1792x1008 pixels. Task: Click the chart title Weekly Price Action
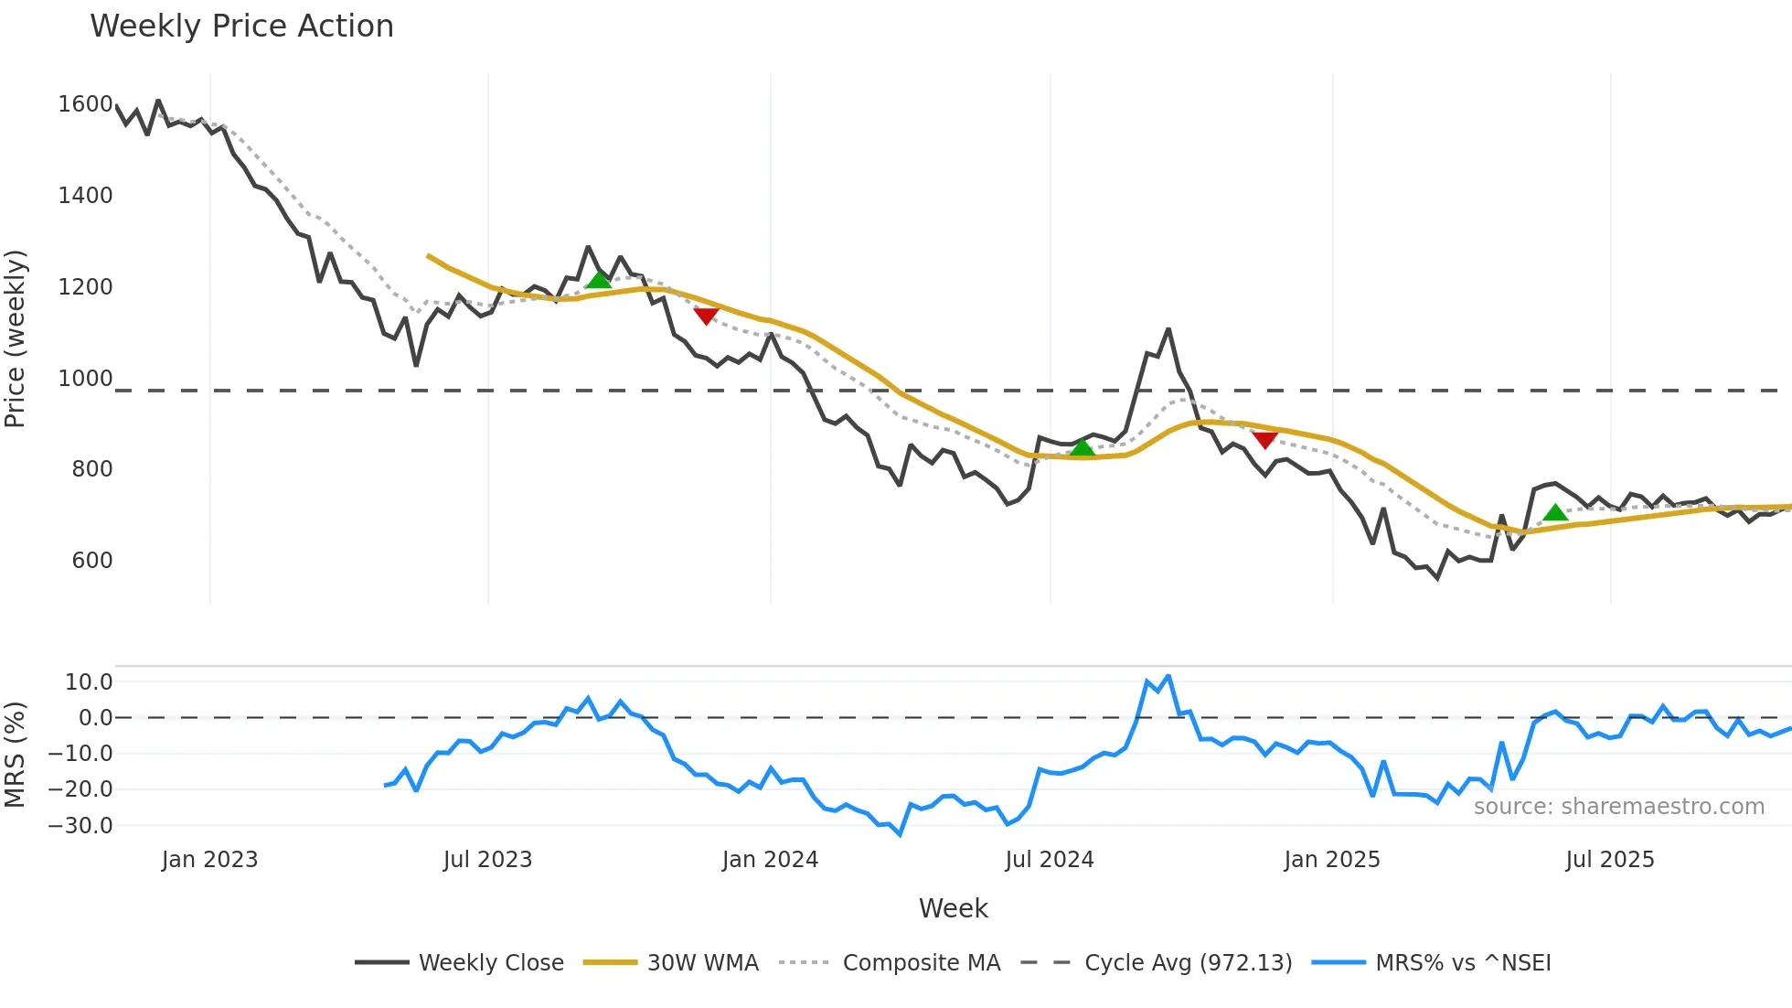[x=241, y=27]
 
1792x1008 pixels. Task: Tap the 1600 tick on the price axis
[x=85, y=104]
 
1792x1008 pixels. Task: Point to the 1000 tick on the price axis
[x=85, y=379]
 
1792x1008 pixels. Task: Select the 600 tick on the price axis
[x=91, y=561]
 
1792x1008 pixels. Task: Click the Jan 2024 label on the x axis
[x=770, y=860]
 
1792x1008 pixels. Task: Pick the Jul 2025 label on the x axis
[x=1610, y=860]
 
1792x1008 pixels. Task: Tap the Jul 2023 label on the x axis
[x=487, y=860]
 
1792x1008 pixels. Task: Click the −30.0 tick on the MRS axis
[x=80, y=826]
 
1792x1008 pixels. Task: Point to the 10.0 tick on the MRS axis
[x=89, y=682]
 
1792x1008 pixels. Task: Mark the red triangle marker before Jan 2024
[x=706, y=316]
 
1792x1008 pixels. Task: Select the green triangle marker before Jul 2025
[x=1555, y=512]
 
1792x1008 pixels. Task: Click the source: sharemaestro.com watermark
[x=1618, y=807]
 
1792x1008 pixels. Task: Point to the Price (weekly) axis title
[x=16, y=338]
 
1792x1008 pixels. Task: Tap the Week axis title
[x=953, y=908]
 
